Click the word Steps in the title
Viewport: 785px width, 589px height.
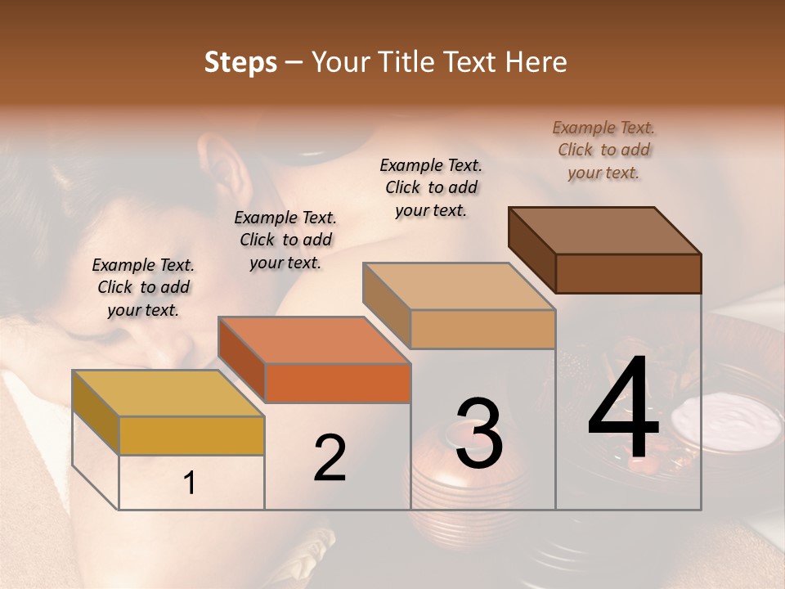240,62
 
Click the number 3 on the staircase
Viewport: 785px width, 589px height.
478,434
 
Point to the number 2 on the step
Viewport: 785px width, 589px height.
330,458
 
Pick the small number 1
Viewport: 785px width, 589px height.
190,483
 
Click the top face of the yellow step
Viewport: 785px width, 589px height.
168,393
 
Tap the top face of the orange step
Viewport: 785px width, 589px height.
314,340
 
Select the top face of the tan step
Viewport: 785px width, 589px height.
459,286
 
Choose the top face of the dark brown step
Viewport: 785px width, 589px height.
605,231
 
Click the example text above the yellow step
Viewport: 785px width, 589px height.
143,287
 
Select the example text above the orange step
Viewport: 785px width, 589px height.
285,240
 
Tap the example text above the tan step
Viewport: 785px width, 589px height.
431,187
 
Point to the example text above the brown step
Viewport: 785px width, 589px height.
603,150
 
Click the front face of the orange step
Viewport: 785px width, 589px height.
338,383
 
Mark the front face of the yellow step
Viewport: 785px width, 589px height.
191,435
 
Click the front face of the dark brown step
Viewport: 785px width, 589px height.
628,273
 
